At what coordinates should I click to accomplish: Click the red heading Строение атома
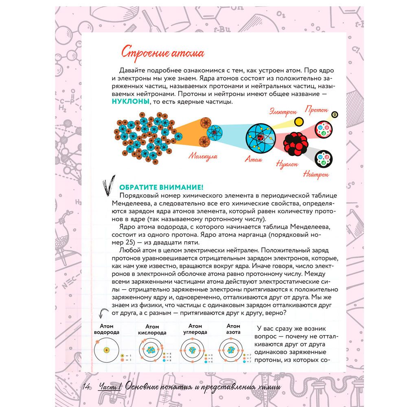pos(157,53)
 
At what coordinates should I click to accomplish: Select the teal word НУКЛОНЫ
pos(130,102)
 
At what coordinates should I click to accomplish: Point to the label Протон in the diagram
pos(317,110)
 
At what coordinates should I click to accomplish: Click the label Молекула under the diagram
pos(202,156)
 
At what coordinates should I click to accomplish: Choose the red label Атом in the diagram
pos(253,159)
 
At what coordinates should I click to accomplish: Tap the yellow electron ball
pos(299,121)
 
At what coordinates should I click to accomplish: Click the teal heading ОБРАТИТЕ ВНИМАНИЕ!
pos(161,187)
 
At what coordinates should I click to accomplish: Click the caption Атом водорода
pos(106,329)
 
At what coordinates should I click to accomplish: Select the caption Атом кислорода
pos(152,330)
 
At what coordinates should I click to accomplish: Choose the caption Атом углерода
pos(195,329)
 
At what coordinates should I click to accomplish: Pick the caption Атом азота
pos(233,329)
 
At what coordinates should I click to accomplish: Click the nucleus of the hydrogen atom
pos(107,350)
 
